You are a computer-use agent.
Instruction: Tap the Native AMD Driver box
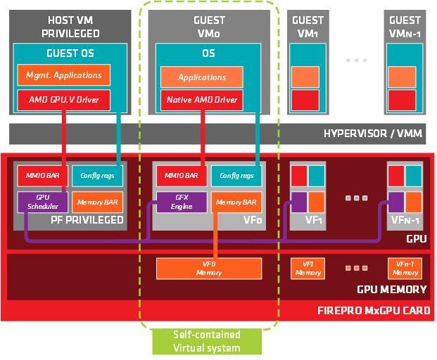coord(202,99)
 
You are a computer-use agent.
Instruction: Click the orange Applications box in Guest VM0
coord(202,77)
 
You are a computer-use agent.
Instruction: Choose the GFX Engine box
coord(182,202)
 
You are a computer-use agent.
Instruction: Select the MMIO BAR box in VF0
coord(182,175)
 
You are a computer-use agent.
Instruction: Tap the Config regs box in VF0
coord(236,175)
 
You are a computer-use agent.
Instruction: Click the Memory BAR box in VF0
coord(236,202)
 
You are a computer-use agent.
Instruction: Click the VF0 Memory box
coord(208,267)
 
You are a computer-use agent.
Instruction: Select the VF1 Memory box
coord(308,267)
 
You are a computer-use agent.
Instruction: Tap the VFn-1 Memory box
coord(405,267)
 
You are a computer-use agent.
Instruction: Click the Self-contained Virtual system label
coord(207,341)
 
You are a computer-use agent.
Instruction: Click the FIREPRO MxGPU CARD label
coord(373,310)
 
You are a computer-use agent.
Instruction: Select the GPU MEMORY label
coord(391,289)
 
